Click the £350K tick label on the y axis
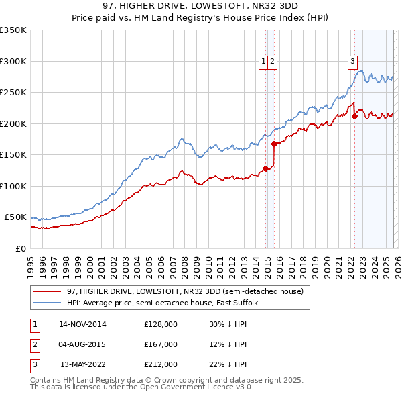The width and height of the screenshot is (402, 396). pos(13,30)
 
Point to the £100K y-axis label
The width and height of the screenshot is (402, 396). pos(13,186)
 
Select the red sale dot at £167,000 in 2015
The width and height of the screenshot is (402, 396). pos(274,144)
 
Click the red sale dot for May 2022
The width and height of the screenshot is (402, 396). pos(354,116)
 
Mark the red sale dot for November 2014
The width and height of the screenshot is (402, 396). pos(266,168)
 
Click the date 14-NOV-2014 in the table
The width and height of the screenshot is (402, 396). pos(82,324)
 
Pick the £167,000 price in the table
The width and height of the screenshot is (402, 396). pos(161,344)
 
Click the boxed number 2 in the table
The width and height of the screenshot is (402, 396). pos(35,344)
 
